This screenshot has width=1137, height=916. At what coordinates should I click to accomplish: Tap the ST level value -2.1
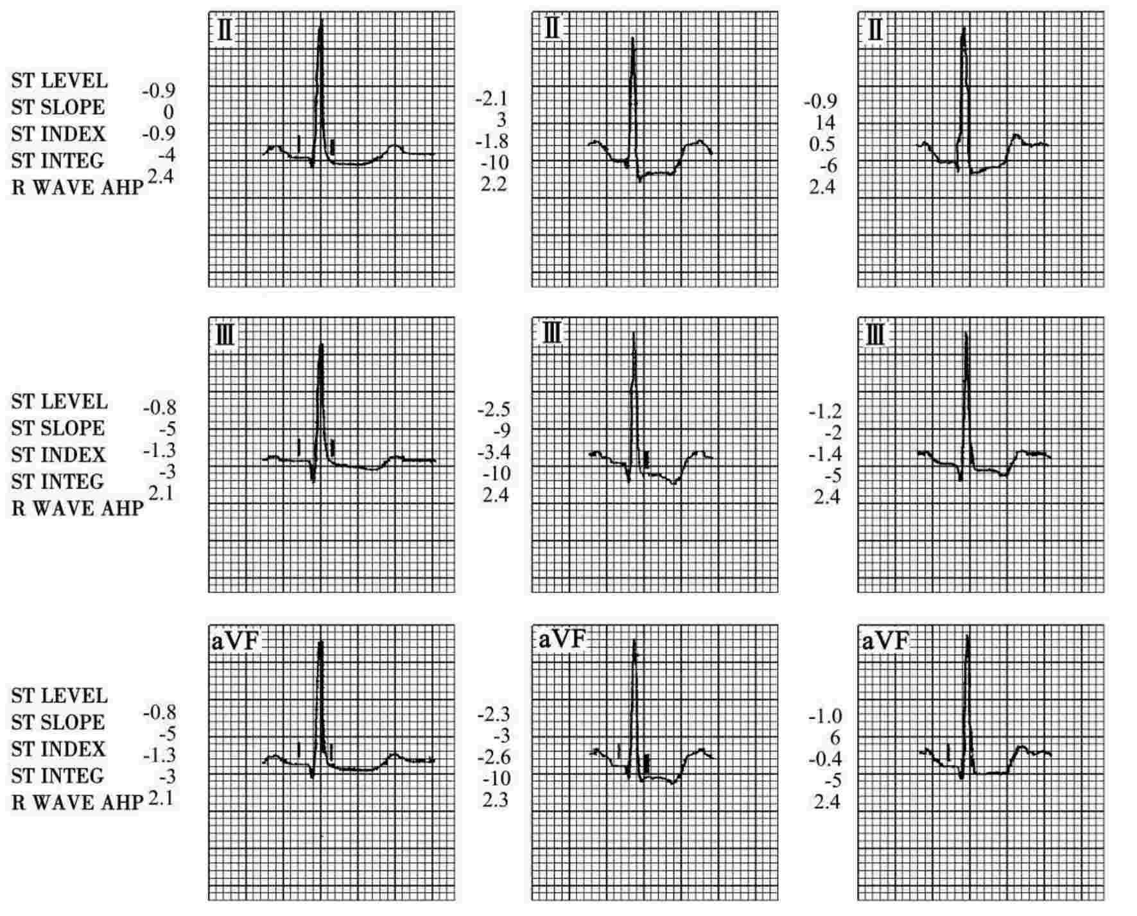[491, 99]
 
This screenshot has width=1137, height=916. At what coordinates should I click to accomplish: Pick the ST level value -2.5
[493, 410]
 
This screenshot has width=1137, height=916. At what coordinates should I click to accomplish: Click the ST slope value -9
[501, 431]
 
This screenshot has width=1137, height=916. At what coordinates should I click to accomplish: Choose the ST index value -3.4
[493, 453]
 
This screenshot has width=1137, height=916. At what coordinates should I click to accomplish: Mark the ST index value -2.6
[493, 757]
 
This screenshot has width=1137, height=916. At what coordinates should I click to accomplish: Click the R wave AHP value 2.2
[494, 185]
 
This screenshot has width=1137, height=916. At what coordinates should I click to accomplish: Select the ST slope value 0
[168, 112]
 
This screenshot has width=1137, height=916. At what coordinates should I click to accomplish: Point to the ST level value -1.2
[824, 411]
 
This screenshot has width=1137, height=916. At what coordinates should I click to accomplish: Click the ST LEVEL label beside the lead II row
[59, 81]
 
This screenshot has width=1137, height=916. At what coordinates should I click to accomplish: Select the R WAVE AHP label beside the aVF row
[77, 803]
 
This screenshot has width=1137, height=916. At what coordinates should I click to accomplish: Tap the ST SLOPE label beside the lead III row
[58, 428]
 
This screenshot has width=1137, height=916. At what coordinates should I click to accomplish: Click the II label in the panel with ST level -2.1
[551, 30]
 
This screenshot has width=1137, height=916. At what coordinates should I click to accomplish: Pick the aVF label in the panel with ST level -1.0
[885, 641]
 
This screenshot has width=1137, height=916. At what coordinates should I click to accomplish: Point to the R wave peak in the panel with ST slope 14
[963, 29]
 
